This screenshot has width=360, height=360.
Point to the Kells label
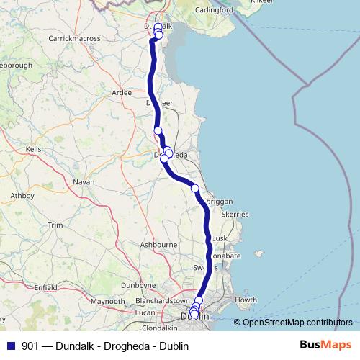click(33, 148)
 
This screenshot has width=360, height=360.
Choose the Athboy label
click(22, 195)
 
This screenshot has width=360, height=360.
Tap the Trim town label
click(55, 225)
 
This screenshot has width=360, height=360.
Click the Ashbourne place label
click(158, 245)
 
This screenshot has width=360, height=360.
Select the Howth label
click(246, 300)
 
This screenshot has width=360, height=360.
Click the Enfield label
click(45, 287)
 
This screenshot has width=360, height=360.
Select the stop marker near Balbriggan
click(194, 188)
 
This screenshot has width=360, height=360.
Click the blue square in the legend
click(11, 346)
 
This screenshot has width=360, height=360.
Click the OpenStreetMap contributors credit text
click(297, 323)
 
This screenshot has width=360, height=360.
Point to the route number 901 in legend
click(30, 346)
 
